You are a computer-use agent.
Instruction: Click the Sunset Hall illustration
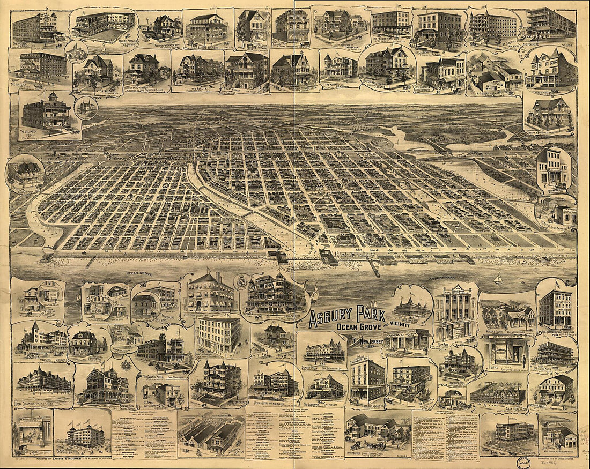point(324,351)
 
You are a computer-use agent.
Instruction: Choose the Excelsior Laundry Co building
point(367,381)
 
